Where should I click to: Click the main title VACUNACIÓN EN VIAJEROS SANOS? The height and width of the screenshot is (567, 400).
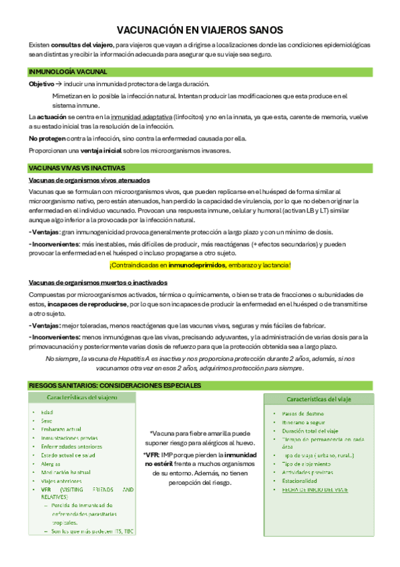tap(200, 30)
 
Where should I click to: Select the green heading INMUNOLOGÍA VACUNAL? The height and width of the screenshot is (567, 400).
tap(67, 72)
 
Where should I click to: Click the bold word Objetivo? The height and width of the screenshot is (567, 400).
tap(41, 84)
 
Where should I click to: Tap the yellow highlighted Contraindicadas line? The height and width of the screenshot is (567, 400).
tap(200, 265)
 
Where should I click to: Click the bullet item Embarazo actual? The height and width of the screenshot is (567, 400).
tap(61, 429)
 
